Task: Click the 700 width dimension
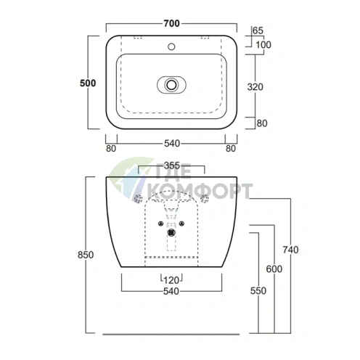tap(171, 23)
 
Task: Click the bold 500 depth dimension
tap(88, 83)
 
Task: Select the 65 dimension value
tap(258, 30)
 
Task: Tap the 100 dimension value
tap(263, 45)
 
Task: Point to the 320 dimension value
tap(255, 87)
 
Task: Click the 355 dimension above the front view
tap(172, 165)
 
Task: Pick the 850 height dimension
tap(86, 255)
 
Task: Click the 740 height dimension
tap(290, 250)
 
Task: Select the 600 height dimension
tap(274, 269)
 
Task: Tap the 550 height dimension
tap(258, 290)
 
